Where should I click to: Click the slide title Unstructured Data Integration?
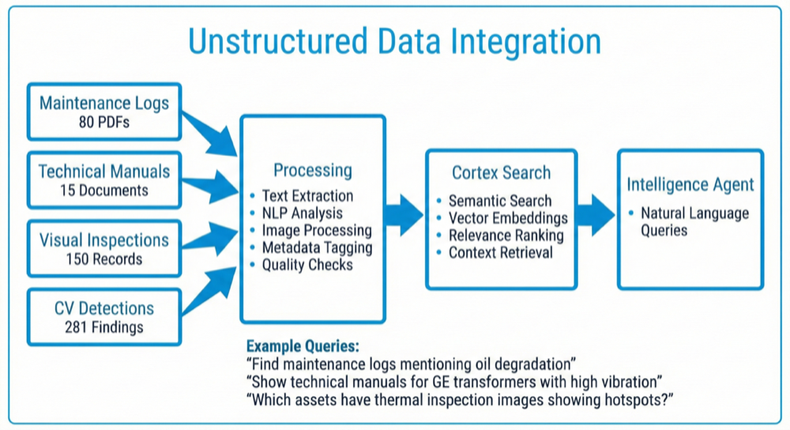coord(393,41)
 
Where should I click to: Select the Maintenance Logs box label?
coord(104,103)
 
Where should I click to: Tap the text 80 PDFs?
coord(104,123)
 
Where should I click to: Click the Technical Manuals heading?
coord(104,172)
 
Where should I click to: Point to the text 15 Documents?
coord(104,190)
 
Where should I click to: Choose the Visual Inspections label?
coord(104,240)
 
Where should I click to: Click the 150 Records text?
coord(104,259)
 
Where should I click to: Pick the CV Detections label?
coord(104,308)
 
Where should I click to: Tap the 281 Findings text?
coord(104,327)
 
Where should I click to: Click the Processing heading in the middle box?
coord(313,170)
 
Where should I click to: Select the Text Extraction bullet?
coord(307,195)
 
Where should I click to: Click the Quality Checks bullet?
coord(307,265)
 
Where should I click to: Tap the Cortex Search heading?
coord(501,172)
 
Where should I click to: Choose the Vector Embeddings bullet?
coord(508,217)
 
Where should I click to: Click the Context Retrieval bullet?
coord(501,253)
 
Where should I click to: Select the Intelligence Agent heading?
coord(690,184)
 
